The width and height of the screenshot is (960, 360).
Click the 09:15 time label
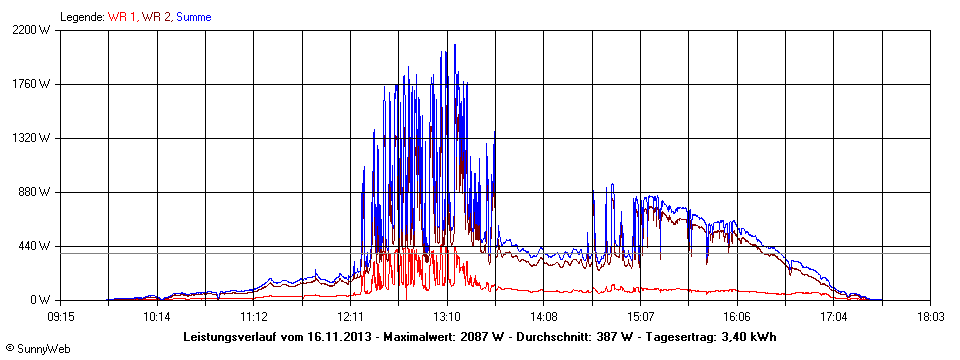click(61, 316)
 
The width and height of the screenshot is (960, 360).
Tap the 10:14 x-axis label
click(157, 316)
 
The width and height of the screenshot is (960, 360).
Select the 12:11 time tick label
click(350, 316)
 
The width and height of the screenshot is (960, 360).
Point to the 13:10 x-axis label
click(447, 316)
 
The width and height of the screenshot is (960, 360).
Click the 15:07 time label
click(640, 316)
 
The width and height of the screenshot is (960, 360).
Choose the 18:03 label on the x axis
click(931, 316)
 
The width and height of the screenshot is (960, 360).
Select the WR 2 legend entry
click(156, 17)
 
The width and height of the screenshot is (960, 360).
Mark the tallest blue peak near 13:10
click(455, 45)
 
